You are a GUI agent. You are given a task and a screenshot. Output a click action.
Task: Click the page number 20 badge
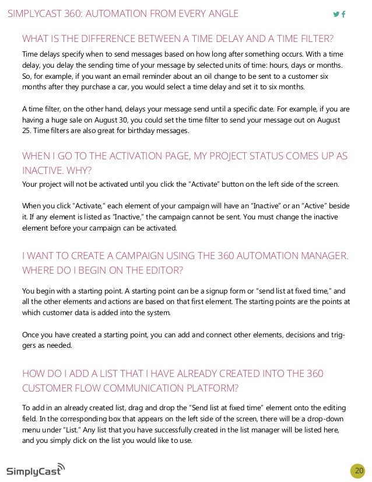tap(358, 471)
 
